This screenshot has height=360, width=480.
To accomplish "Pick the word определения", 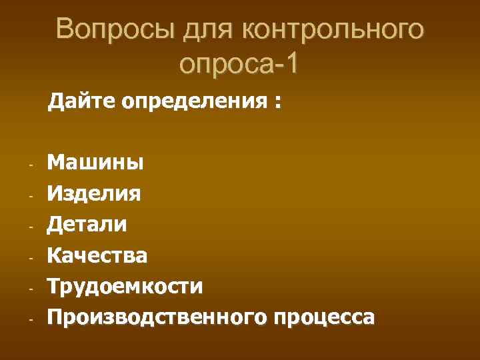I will coord(193,103).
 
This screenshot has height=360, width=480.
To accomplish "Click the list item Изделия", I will coord(94,194).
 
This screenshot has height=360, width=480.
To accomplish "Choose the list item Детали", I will coord(87,225).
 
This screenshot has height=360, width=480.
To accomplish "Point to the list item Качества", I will coord(97,255).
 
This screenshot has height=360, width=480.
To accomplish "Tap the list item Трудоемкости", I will coord(125,287).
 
